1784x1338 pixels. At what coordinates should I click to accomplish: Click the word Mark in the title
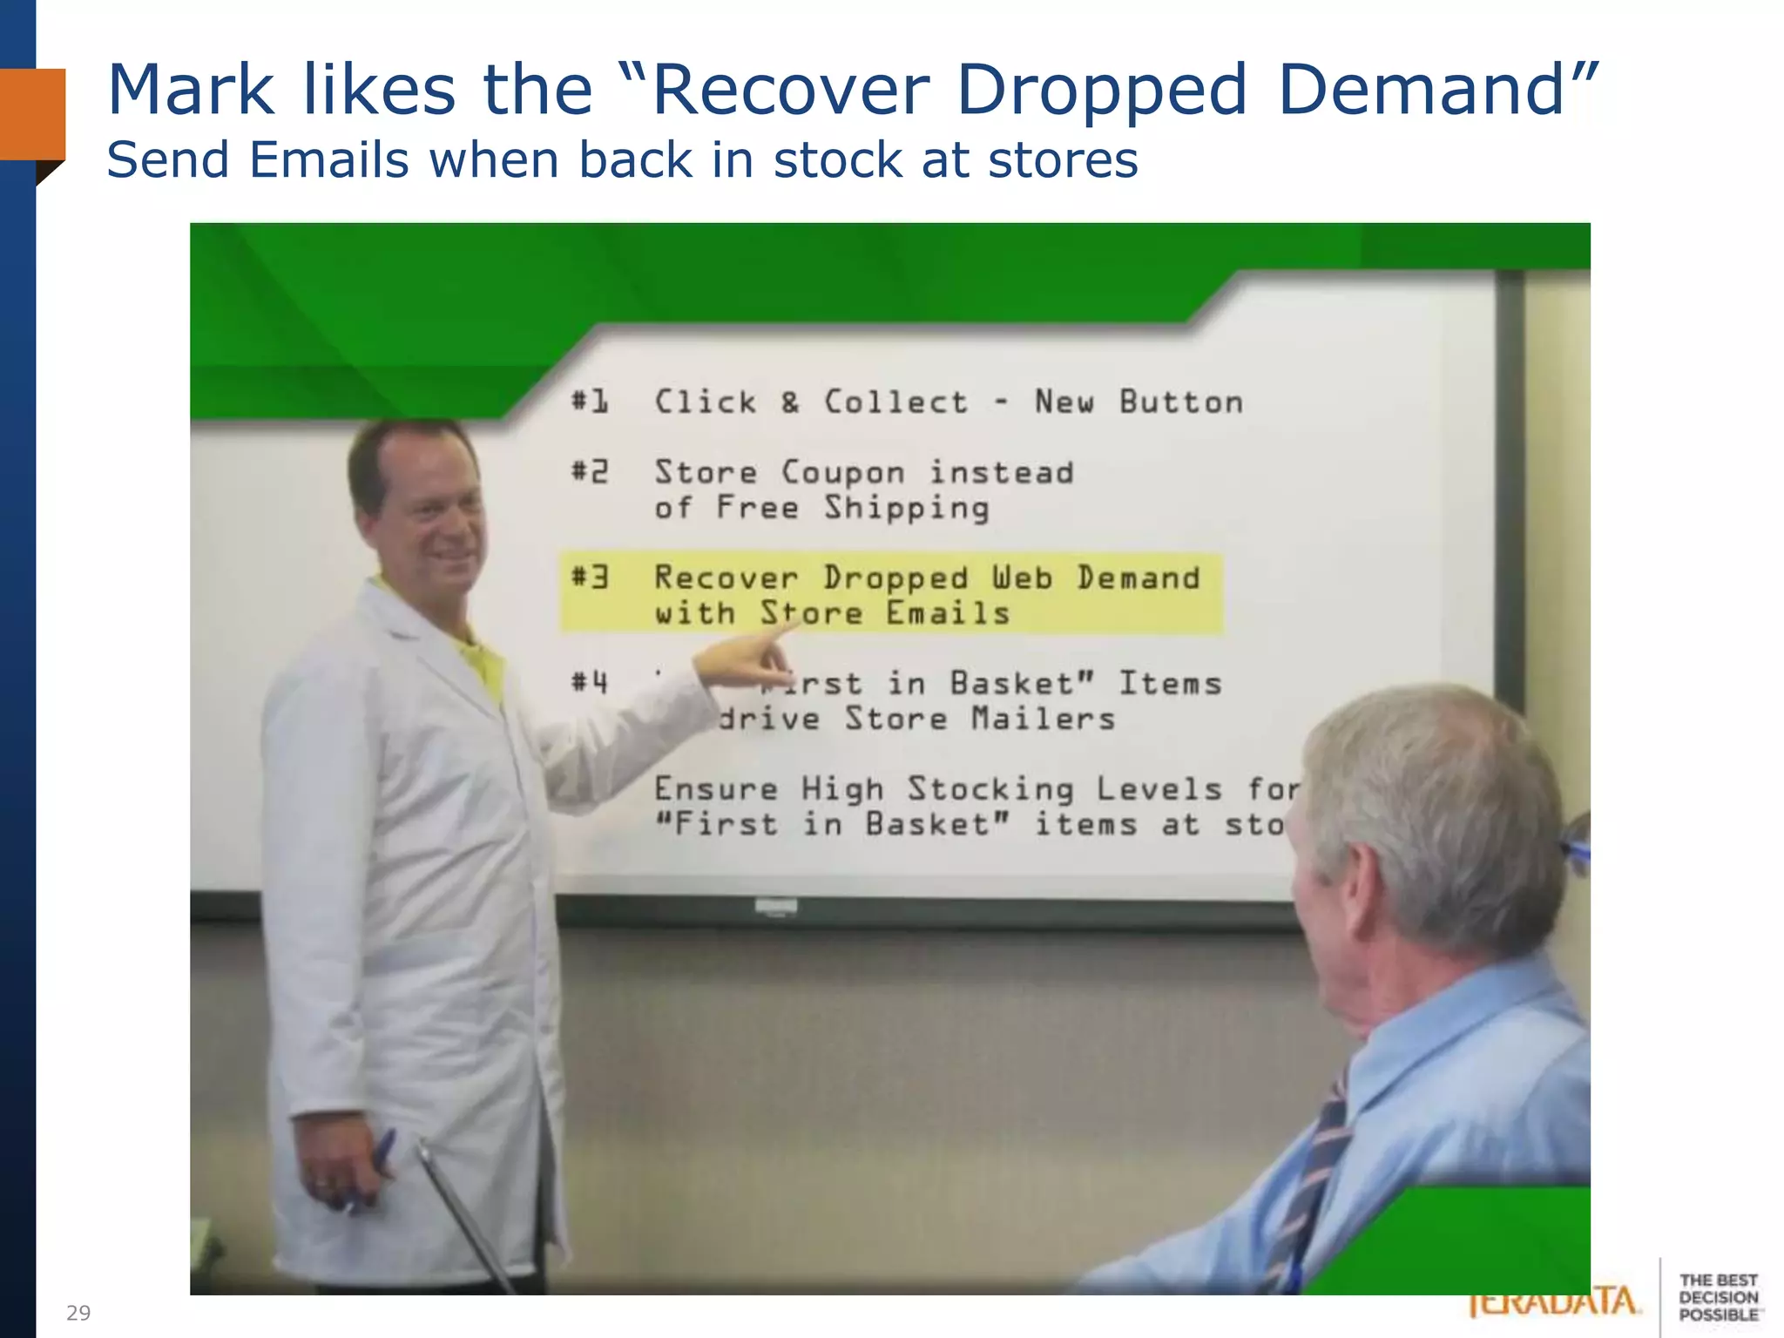coord(190,91)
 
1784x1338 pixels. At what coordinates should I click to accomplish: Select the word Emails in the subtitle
coord(328,160)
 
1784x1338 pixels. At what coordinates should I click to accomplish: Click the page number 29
coord(78,1313)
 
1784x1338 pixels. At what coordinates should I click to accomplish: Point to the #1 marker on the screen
coord(590,402)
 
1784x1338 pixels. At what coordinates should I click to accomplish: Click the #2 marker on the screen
coord(590,472)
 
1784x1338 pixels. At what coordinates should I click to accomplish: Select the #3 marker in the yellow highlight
coord(590,578)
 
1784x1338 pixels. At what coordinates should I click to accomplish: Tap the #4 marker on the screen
coord(590,682)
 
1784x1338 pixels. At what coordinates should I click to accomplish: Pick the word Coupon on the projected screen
coord(842,473)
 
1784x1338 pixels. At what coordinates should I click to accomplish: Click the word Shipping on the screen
coord(907,509)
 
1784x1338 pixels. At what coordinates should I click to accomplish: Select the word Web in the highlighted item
coord(1023,578)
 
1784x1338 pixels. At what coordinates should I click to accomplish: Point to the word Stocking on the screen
coord(990,789)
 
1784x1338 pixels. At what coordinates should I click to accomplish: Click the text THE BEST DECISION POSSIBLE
coord(1718,1297)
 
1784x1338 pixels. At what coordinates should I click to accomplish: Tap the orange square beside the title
coord(33,113)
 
